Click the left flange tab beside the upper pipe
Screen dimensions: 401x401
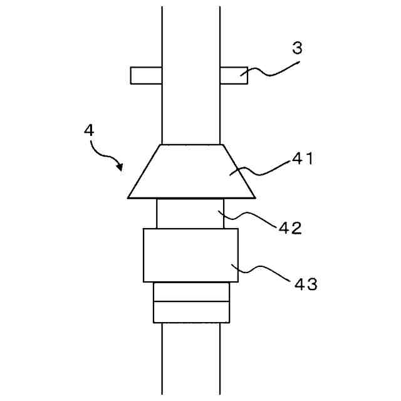tap(145, 75)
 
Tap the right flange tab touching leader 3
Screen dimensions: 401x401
tap(233, 75)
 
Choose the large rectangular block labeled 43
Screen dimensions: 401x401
tap(188, 255)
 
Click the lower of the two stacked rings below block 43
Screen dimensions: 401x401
tap(191, 312)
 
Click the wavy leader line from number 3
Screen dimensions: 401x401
tap(269, 70)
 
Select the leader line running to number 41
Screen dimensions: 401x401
tap(263, 168)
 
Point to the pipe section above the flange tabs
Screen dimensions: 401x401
tap(191, 34)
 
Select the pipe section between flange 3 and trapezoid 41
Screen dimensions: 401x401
tap(191, 113)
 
